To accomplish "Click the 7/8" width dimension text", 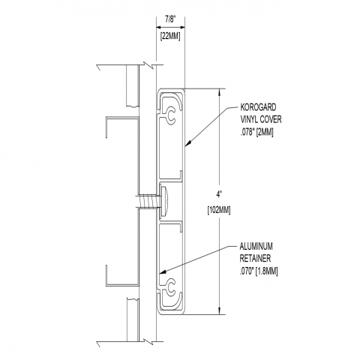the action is pyautogui.click(x=170, y=19).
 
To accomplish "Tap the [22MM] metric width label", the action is pyautogui.click(x=170, y=37).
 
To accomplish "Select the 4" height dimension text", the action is pyautogui.click(x=220, y=194).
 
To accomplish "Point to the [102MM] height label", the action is pyautogui.click(x=219, y=210).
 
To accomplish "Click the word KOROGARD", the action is pyautogui.click(x=258, y=107).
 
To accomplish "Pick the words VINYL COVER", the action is pyautogui.click(x=261, y=119).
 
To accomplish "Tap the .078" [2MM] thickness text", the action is pyautogui.click(x=256, y=132).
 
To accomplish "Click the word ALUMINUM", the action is pyautogui.click(x=256, y=247).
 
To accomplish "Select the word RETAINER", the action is pyautogui.click(x=255, y=259).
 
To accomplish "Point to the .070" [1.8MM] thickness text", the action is pyautogui.click(x=259, y=271).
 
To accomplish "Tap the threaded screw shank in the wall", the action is pyautogui.click(x=148, y=201).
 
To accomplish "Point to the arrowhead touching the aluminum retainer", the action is pyautogui.click(x=163, y=272).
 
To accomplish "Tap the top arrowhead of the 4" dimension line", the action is pyautogui.click(x=220, y=92).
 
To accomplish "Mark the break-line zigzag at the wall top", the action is pyautogui.click(x=149, y=65).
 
